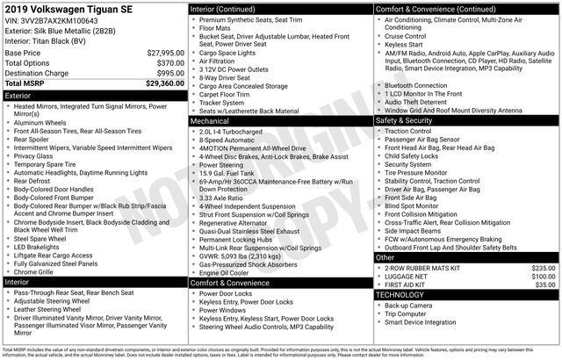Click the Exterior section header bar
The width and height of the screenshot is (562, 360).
pos(93,94)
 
